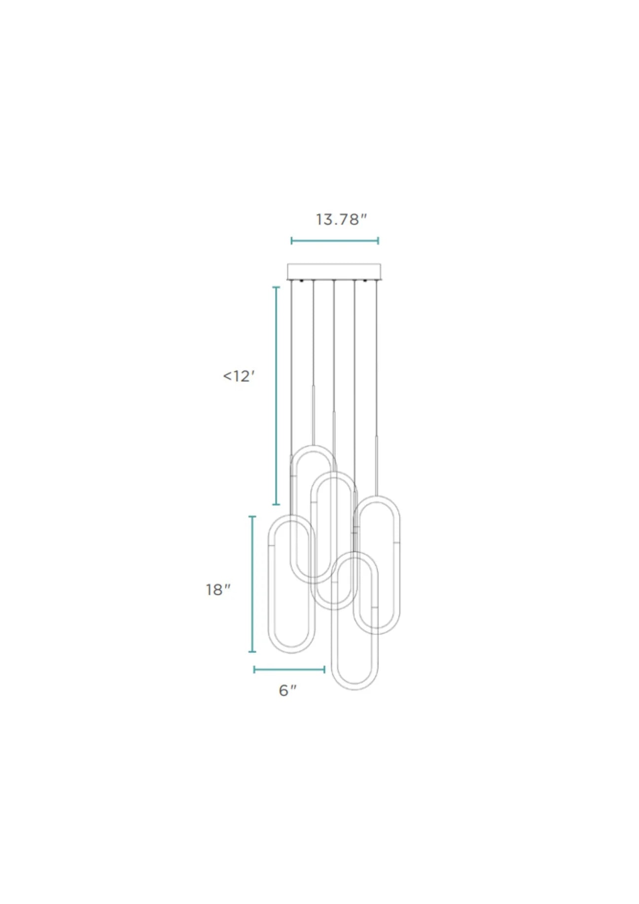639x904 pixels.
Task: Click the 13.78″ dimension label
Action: click(x=341, y=219)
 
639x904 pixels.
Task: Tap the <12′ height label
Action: click(x=239, y=376)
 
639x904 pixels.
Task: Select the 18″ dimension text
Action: click(x=218, y=589)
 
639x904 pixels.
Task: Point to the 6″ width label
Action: click(x=288, y=690)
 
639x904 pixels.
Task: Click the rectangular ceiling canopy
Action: click(x=334, y=271)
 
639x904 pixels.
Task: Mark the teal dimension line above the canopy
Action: click(x=335, y=241)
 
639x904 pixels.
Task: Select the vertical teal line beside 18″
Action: click(x=252, y=584)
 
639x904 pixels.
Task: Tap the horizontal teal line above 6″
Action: click(x=289, y=669)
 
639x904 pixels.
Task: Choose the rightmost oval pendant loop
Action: click(x=398, y=567)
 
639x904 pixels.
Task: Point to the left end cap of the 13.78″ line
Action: click(x=291, y=241)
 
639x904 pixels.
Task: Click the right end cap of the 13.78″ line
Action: click(x=378, y=241)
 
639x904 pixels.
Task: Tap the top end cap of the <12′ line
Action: click(x=276, y=287)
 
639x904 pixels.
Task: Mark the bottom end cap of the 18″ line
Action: click(x=252, y=651)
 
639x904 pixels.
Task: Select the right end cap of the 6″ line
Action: click(x=324, y=669)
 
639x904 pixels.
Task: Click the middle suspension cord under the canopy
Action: click(x=334, y=345)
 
